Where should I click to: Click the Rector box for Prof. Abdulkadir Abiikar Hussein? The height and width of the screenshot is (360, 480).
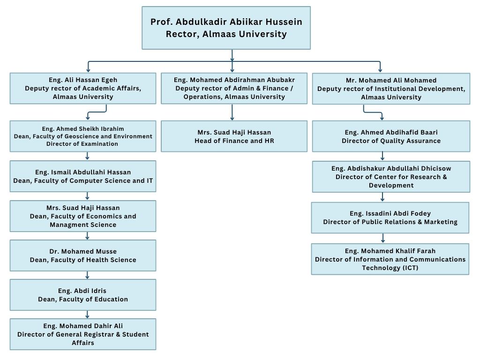226,28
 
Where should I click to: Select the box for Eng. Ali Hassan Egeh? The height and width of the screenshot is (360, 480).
83,88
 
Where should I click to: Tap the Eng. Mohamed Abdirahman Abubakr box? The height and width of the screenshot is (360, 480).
234,88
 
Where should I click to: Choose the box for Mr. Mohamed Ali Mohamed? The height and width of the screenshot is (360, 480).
391,89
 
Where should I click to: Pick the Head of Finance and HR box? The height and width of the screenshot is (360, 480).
234,136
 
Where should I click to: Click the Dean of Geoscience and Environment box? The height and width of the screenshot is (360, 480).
83,136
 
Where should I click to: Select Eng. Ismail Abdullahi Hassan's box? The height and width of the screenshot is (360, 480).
83,176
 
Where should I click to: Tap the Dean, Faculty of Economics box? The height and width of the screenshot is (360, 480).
83,216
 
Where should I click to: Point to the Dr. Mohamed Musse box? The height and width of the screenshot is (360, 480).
83,255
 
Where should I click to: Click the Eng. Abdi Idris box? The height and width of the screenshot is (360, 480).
83,295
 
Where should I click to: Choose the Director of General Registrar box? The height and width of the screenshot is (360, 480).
83,334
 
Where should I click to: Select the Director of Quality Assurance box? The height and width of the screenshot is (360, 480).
391,136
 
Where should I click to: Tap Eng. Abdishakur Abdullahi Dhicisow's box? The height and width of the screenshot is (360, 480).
391,176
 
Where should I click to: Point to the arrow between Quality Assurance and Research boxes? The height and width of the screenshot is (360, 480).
383,156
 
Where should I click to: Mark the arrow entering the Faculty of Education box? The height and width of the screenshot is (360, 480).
87,275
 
